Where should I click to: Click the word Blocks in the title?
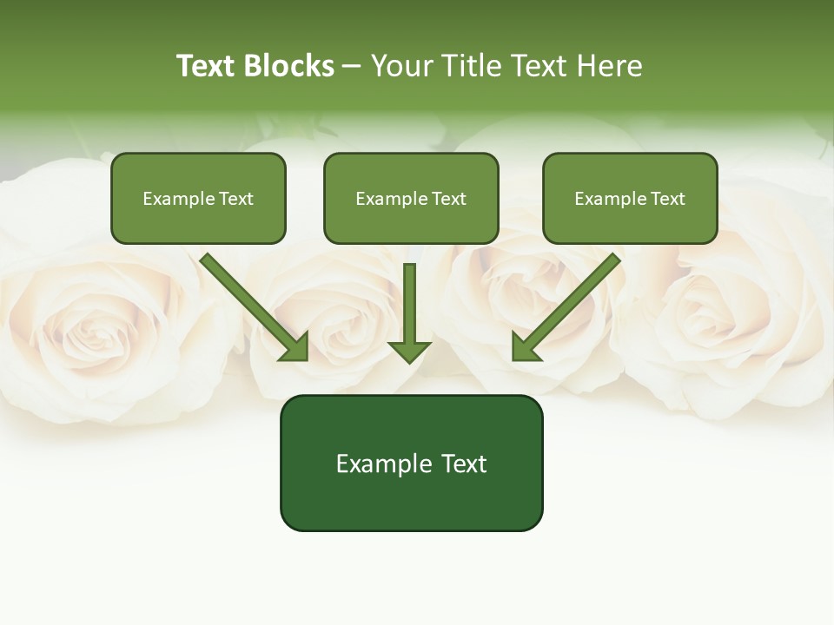[x=290, y=66]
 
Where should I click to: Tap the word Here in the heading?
[x=608, y=66]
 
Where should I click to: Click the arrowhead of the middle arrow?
[x=409, y=351]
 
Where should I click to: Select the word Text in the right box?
[x=667, y=199]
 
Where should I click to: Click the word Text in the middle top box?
[x=448, y=199]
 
